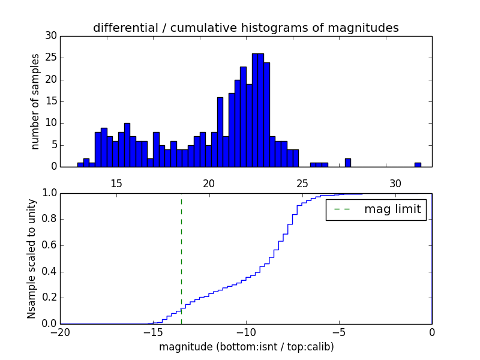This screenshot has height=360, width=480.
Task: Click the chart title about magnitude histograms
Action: tap(246, 28)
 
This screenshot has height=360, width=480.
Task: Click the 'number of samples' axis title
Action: tap(35, 101)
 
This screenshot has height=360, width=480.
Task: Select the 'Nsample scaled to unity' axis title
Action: tap(31, 259)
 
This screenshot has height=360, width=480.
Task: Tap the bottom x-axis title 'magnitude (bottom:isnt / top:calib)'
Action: tap(246, 347)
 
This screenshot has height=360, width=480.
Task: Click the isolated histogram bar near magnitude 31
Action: tap(418, 164)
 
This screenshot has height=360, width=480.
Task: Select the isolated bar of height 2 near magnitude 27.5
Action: tap(348, 163)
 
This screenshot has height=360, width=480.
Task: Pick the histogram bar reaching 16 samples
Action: tap(220, 132)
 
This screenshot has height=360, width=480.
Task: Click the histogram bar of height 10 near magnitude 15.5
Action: tap(127, 145)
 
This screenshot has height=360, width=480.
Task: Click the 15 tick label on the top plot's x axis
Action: tap(116, 182)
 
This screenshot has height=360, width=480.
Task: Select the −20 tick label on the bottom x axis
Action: tap(61, 333)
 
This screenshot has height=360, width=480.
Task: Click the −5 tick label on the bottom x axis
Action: tap(339, 333)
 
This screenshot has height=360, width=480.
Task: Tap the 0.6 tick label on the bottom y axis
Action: tap(49, 245)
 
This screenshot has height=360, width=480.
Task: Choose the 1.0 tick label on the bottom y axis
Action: tap(49, 193)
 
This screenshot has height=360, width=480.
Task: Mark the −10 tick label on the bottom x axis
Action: tap(246, 333)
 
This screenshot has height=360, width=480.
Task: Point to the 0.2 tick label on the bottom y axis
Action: tap(49, 298)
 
